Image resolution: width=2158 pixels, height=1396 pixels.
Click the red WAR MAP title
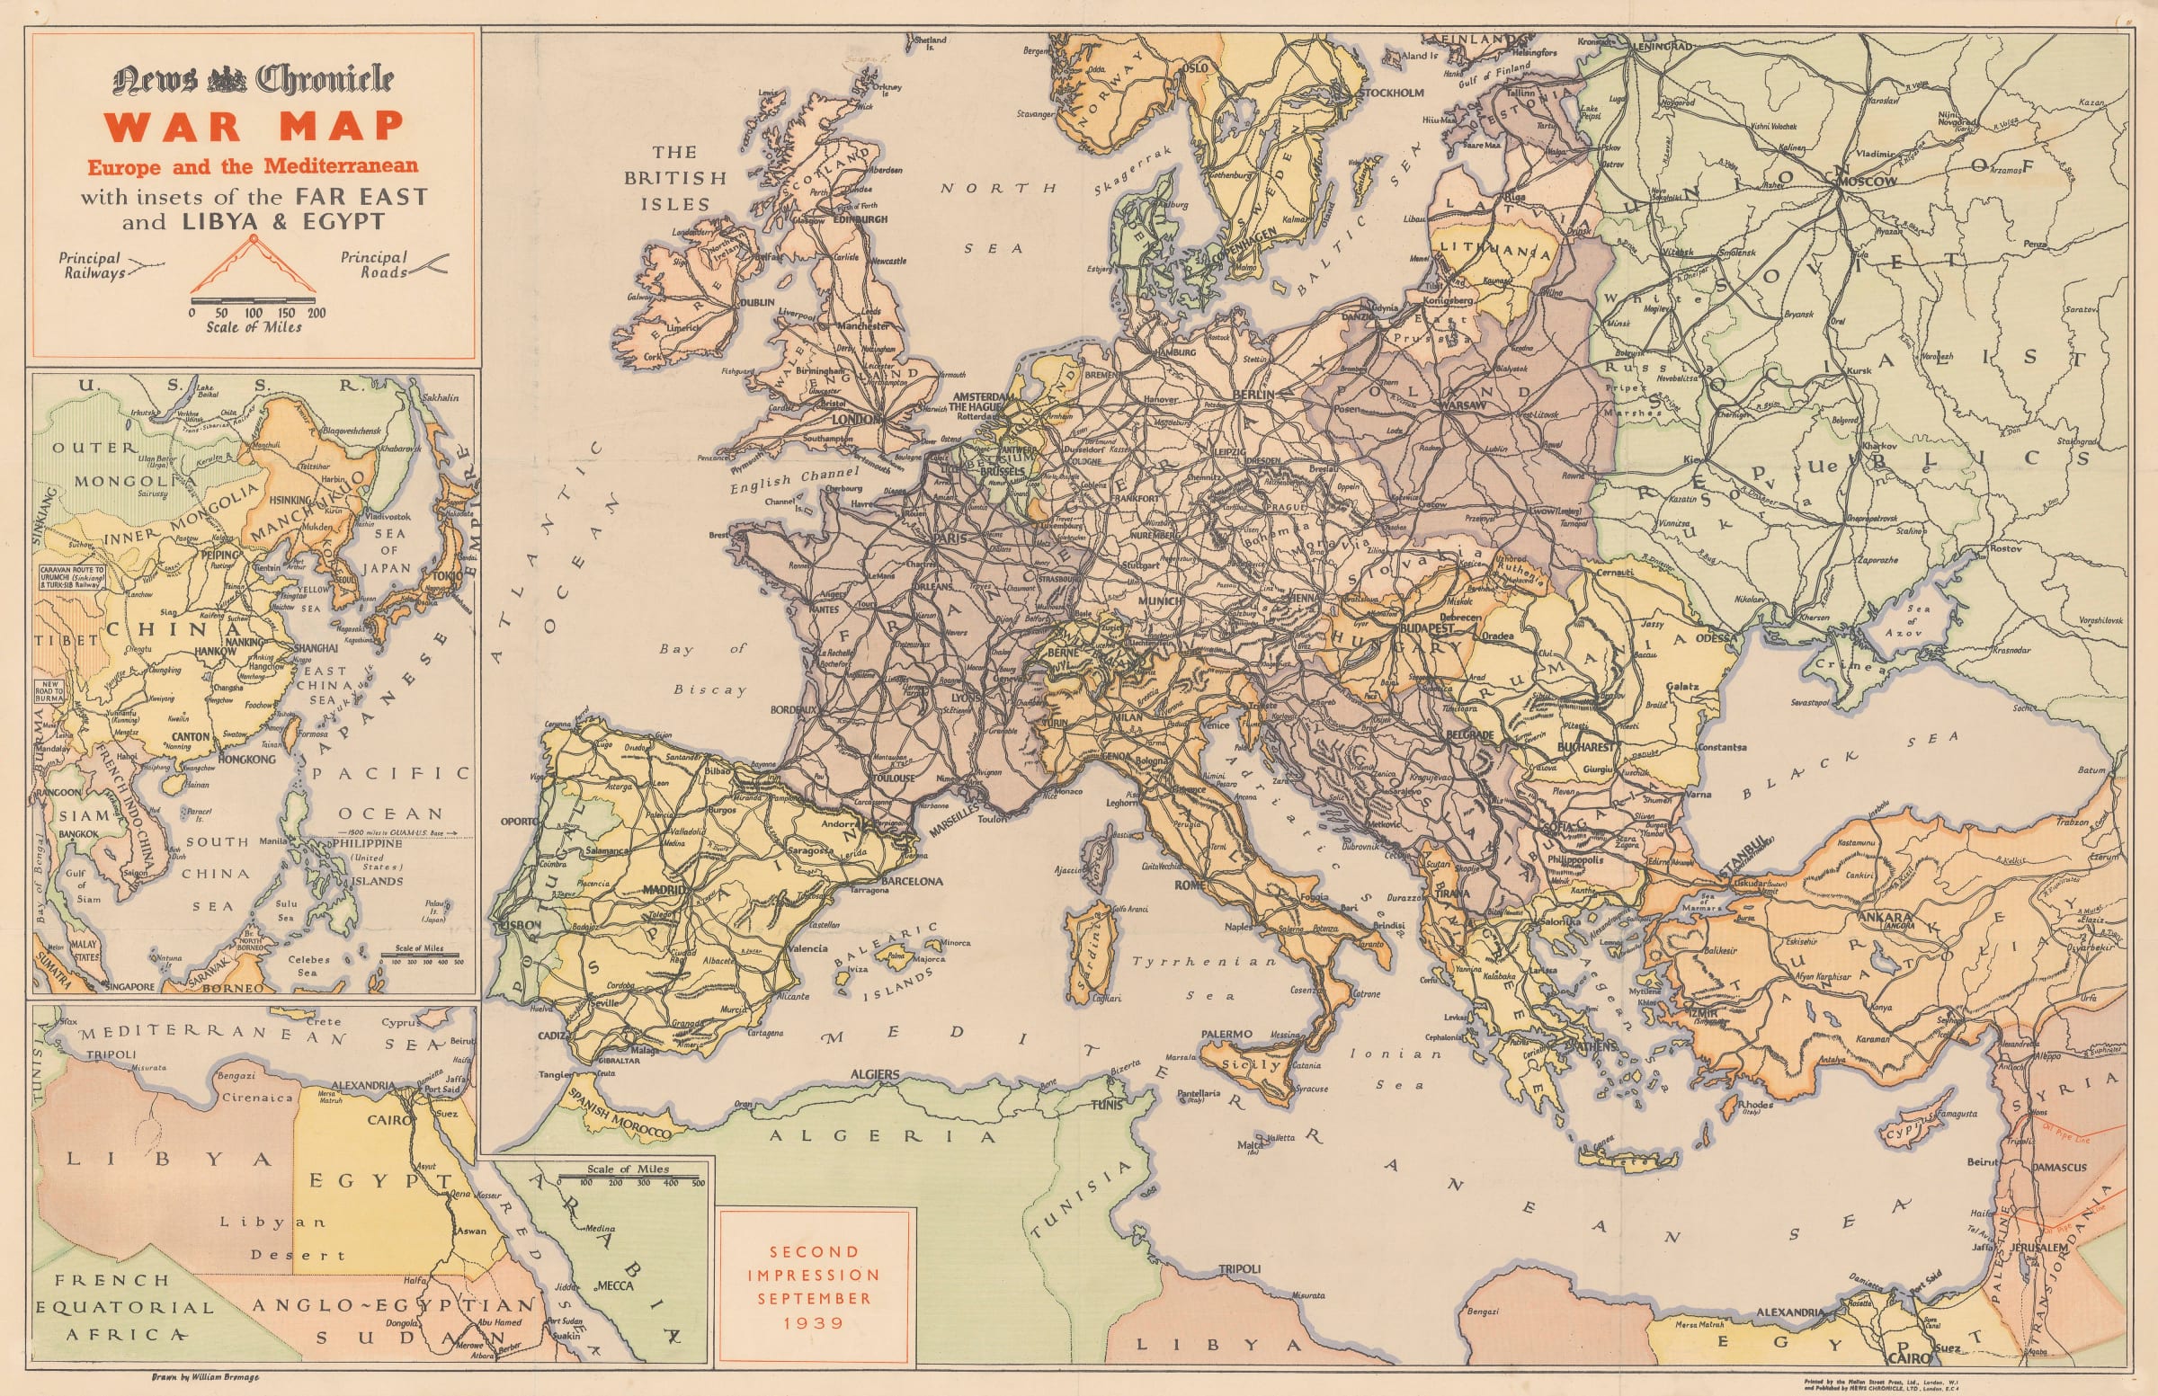click(253, 127)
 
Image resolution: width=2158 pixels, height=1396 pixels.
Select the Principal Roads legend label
click(373, 264)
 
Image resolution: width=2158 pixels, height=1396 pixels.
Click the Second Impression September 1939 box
click(814, 1286)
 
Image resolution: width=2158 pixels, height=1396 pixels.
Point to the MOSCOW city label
click(1867, 182)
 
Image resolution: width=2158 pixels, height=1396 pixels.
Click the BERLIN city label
click(1253, 396)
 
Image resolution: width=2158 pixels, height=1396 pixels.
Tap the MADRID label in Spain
click(666, 890)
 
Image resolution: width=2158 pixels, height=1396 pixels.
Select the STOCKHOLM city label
click(1392, 93)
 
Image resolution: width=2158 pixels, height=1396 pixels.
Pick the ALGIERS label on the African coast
click(875, 1075)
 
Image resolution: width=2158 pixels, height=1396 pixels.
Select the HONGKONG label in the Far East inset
click(246, 759)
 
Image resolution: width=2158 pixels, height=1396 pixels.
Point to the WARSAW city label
click(1461, 405)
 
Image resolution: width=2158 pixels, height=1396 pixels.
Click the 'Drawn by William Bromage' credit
click(206, 1377)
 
